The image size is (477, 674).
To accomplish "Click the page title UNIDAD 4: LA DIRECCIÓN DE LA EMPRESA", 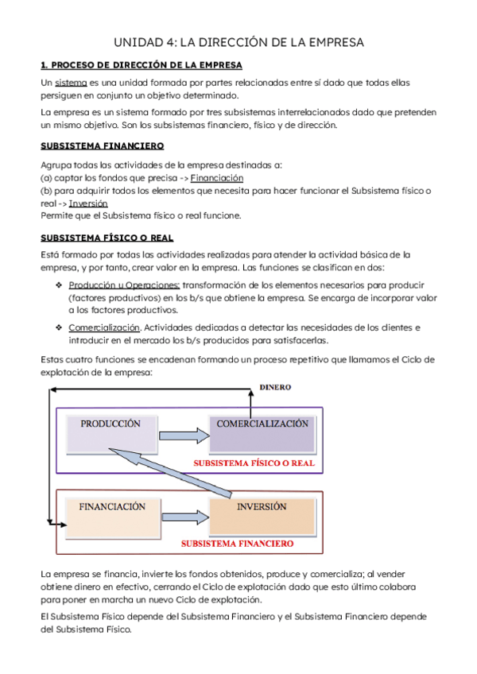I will click(238, 43).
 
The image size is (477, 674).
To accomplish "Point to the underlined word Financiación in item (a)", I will click(217, 178).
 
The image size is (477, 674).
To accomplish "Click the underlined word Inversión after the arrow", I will click(88, 203).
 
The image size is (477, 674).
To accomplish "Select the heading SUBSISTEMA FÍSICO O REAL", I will click(107, 238).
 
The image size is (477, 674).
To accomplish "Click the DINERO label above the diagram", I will click(275, 388).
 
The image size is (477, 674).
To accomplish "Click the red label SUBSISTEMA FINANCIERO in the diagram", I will click(236, 544).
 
